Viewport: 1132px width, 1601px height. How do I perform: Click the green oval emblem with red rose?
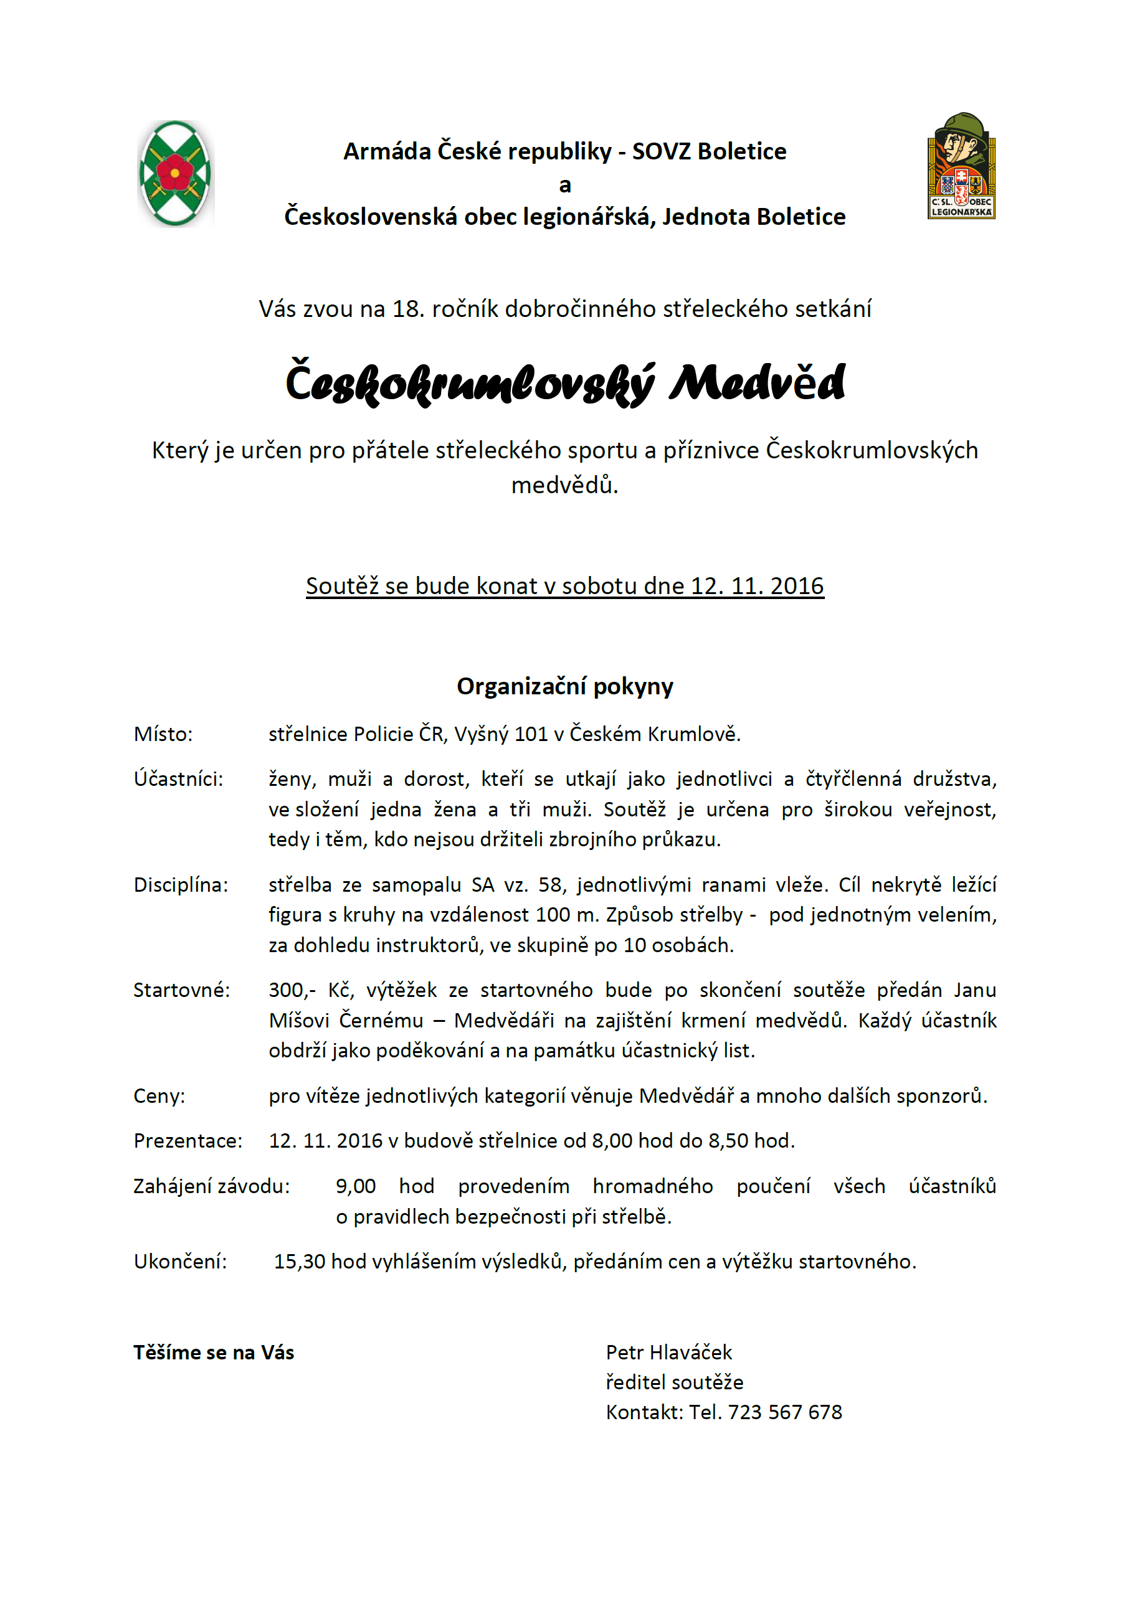(175, 174)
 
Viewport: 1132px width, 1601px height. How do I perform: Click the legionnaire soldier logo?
(961, 167)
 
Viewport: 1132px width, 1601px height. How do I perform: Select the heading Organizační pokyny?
(565, 687)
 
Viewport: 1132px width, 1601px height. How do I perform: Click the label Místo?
(163, 734)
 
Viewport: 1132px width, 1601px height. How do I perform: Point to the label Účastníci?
(179, 779)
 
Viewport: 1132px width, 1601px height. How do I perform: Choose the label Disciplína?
(181, 885)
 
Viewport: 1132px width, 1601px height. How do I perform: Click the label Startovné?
(181, 990)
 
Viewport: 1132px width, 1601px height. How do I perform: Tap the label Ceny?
(159, 1096)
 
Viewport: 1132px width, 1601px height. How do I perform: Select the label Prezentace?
(188, 1141)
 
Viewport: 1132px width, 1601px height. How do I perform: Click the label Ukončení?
(181, 1262)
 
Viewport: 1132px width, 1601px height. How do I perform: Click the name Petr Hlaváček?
(669, 1352)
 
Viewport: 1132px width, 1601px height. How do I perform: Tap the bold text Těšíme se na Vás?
(214, 1352)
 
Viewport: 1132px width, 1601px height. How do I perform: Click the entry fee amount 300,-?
(292, 990)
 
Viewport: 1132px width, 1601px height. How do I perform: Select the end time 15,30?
(299, 1262)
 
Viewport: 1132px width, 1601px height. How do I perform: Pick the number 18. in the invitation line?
(408, 309)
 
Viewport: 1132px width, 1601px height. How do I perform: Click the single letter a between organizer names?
(565, 185)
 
